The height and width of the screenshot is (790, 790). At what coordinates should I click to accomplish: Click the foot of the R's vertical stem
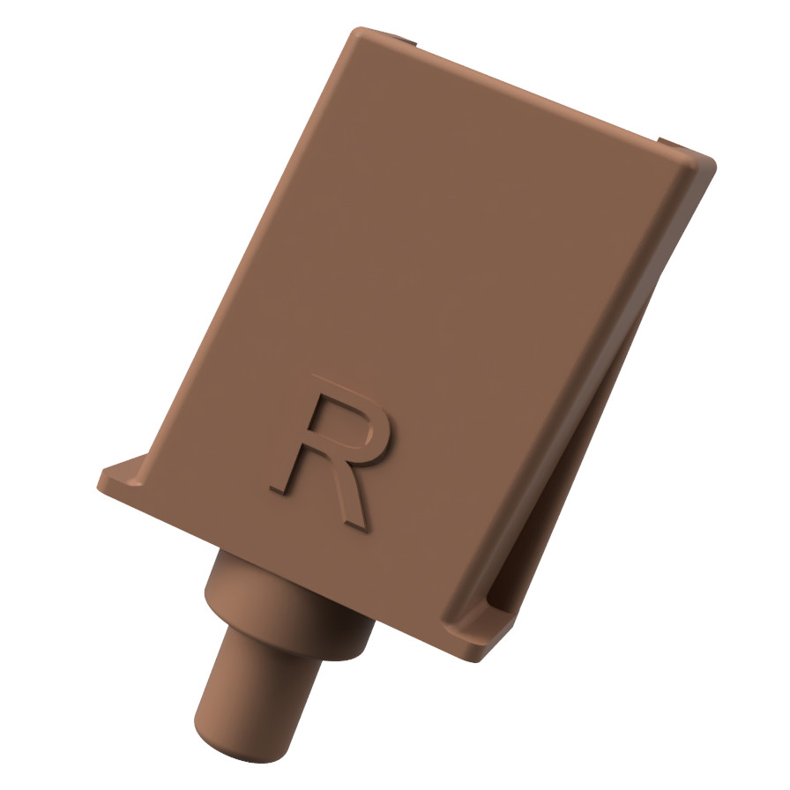pyautogui.click(x=280, y=488)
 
